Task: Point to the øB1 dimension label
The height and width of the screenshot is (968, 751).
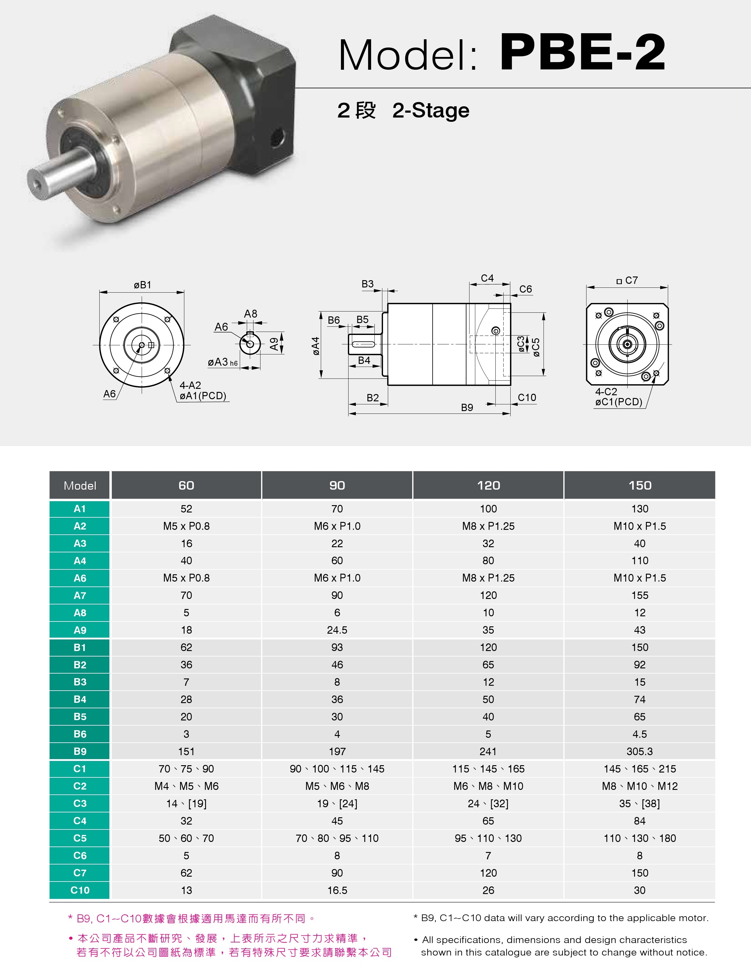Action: (x=142, y=285)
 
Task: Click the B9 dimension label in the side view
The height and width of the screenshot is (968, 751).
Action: (x=467, y=408)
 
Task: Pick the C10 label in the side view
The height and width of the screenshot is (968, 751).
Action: (x=527, y=398)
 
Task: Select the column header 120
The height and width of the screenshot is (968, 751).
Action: (x=488, y=485)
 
